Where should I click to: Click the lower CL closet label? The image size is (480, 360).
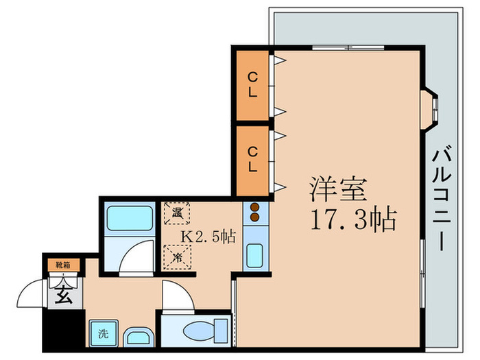point(253,158)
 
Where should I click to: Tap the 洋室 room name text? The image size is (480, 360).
point(339,187)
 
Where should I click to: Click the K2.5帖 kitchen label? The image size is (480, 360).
point(208,237)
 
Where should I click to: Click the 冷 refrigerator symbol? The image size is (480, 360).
point(177,259)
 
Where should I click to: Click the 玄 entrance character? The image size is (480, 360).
point(62,296)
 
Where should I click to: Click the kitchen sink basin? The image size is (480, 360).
point(254,254)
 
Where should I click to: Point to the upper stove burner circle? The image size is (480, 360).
point(254,208)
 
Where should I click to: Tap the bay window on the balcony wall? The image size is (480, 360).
point(431,108)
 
